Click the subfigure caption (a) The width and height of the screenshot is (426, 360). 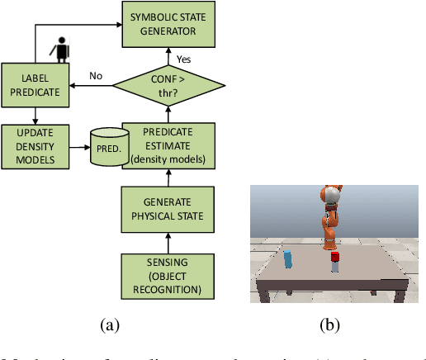(110, 325)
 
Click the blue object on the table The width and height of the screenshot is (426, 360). (287, 259)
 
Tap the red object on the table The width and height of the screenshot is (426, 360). (335, 262)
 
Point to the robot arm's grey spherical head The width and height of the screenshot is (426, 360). (332, 196)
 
